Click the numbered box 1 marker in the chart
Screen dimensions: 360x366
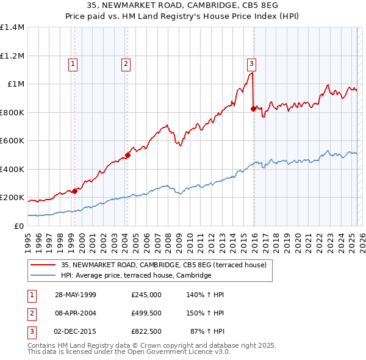(73, 63)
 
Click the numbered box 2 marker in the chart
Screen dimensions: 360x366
(126, 63)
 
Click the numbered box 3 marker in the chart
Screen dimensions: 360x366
(251, 63)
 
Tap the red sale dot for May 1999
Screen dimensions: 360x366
(74, 191)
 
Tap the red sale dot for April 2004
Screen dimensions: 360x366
(128, 155)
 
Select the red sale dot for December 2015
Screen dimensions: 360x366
(254, 109)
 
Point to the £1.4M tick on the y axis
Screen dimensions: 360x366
(12, 27)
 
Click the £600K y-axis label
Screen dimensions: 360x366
(12, 141)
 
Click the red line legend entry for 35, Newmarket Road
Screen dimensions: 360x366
(163, 265)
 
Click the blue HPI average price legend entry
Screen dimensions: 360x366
(135, 276)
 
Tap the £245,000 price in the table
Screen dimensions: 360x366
(146, 295)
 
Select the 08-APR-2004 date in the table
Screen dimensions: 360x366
(76, 313)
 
